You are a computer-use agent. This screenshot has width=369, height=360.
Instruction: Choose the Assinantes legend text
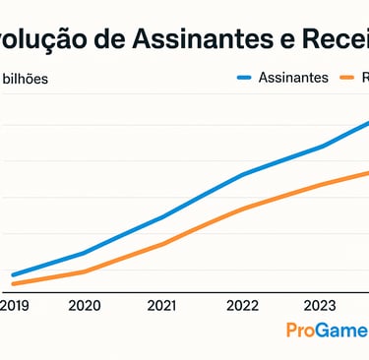[293, 78]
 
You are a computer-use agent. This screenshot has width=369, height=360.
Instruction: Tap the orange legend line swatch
[346, 78]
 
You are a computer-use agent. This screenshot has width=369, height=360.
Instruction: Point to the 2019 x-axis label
[14, 306]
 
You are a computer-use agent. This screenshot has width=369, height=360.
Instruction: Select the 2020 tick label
[85, 306]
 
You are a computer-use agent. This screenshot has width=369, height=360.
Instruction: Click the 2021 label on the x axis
[162, 306]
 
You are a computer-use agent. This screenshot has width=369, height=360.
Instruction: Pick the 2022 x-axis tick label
[242, 306]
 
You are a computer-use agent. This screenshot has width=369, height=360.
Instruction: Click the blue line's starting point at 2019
[14, 275]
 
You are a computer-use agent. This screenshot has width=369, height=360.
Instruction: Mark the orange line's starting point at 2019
[14, 284]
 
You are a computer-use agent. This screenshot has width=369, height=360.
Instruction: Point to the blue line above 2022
[242, 174]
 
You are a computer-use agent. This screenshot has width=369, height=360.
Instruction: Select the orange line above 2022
[242, 209]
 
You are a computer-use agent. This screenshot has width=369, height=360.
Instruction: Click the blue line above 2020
[85, 253]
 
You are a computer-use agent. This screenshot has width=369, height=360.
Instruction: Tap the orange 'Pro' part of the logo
[301, 330]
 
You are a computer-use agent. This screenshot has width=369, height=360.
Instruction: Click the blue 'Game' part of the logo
[342, 330]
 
